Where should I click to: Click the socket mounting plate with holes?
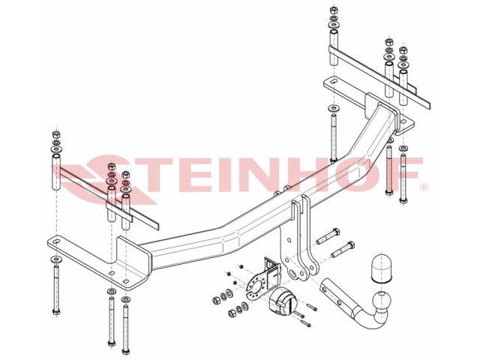pyautogui.click(x=256, y=286)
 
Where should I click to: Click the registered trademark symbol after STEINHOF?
pyautogui.click(x=425, y=187)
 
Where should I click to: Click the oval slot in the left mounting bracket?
pyautogui.click(x=56, y=241)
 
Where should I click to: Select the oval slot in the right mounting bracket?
pyautogui.click(x=333, y=82)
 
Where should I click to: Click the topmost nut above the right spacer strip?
pyautogui.click(x=333, y=10)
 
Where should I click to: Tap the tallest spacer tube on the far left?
pyautogui.click(x=56, y=172)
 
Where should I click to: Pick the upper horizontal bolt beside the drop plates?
pyautogui.click(x=328, y=236)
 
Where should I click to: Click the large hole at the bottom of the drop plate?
pyautogui.click(x=292, y=272)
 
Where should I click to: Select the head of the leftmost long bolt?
pyautogui.click(x=56, y=312)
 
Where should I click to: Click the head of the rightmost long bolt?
pyautogui.click(x=403, y=201)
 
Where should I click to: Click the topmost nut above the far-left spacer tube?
pyautogui.click(x=56, y=135)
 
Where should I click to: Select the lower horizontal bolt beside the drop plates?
pyautogui.click(x=343, y=250)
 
